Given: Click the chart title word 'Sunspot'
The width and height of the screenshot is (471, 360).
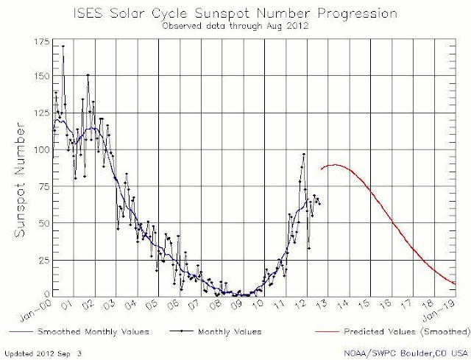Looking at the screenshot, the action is (x=222, y=13).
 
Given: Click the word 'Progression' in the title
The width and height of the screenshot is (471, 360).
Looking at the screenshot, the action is (x=358, y=14).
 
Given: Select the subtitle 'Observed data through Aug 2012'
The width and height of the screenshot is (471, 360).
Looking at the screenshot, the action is (x=235, y=27).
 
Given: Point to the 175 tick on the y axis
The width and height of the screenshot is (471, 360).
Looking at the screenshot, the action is (x=41, y=42).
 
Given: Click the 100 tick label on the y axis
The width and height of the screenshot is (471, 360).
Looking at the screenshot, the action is (x=41, y=149).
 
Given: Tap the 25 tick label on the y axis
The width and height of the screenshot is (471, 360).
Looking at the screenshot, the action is (x=44, y=260).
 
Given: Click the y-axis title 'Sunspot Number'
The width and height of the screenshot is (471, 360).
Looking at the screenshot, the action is (x=20, y=180).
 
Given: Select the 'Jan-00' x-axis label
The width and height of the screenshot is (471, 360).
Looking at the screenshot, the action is (x=36, y=311).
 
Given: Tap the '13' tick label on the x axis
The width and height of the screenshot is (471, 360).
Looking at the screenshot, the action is (x=322, y=304).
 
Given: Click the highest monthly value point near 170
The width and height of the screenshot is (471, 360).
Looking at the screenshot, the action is (x=63, y=46).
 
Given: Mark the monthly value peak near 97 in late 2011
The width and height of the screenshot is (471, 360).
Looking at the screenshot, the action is (x=304, y=154).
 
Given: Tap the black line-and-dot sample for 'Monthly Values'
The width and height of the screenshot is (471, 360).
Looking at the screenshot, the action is (x=181, y=331).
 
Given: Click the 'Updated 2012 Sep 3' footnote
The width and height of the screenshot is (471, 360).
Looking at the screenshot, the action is (x=43, y=353).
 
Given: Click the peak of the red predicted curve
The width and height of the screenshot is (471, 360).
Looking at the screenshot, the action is (x=334, y=165).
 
